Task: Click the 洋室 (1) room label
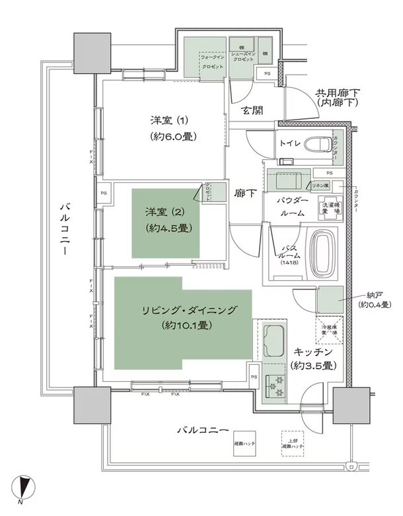[169, 120]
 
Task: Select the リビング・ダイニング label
[188, 310]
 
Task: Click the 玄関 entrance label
[252, 110]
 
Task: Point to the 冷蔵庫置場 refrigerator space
[330, 330]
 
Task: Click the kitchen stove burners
[273, 387]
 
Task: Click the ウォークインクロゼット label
[211, 61]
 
